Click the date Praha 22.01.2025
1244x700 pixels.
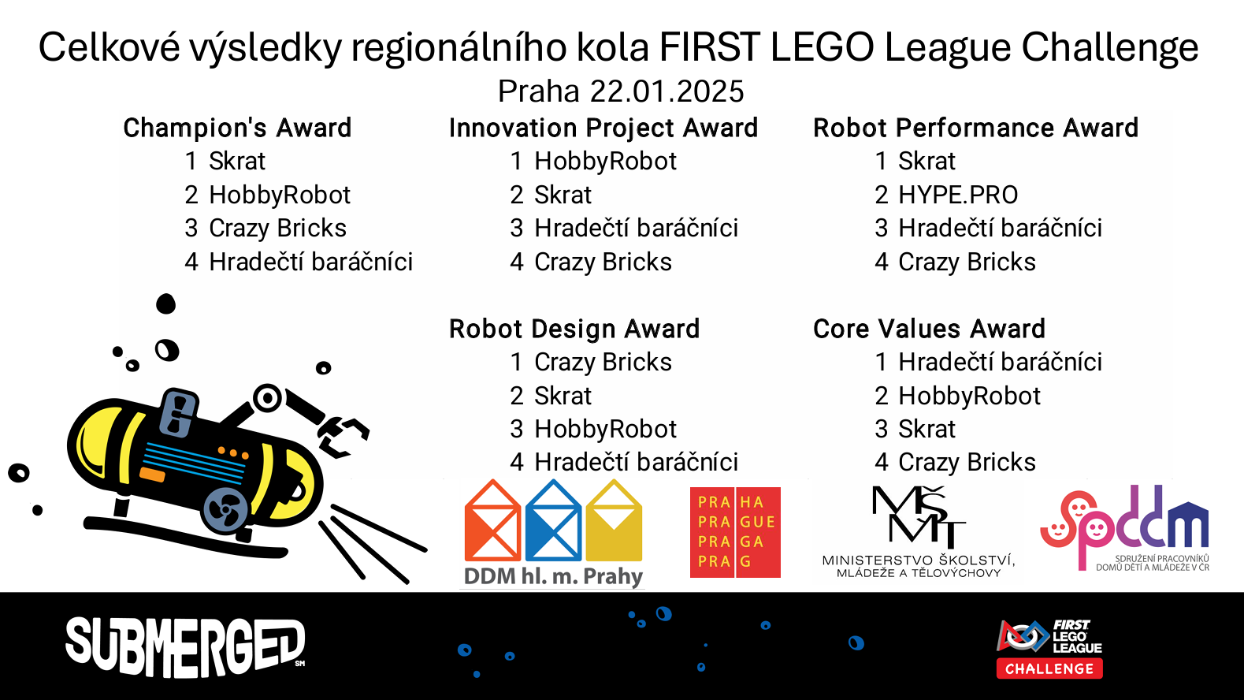click(x=620, y=91)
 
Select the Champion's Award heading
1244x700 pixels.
click(x=237, y=128)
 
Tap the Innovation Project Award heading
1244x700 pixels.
click(x=603, y=128)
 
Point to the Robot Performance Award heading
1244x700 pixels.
click(x=975, y=128)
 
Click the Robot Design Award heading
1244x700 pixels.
click(x=574, y=329)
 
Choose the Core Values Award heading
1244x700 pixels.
click(x=929, y=329)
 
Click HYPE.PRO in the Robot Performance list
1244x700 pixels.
click(x=958, y=195)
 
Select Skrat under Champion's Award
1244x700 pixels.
click(x=237, y=161)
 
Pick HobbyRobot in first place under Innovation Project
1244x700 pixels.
click(x=605, y=161)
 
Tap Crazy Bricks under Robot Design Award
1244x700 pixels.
click(x=603, y=363)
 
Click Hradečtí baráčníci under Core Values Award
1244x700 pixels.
click(x=1001, y=363)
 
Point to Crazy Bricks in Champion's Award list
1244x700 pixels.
click(x=277, y=229)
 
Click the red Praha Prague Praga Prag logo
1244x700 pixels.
click(x=735, y=532)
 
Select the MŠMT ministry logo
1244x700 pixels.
click(x=919, y=531)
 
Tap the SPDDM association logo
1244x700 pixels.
click(x=1124, y=528)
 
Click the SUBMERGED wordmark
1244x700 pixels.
click(x=185, y=647)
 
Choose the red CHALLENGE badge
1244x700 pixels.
click(x=1049, y=669)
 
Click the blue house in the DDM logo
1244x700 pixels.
click(x=553, y=520)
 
